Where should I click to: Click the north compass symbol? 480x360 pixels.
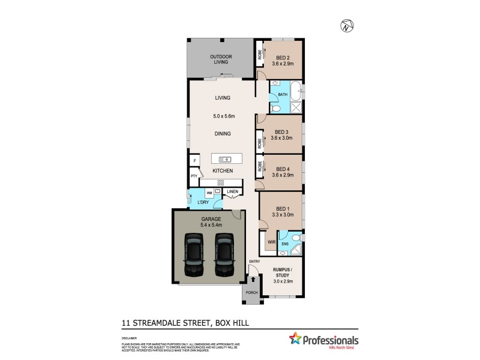[x=346, y=26]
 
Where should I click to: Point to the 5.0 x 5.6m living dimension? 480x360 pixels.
[x=223, y=116]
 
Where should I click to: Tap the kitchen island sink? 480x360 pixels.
[x=225, y=159]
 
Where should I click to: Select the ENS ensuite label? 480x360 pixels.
[x=286, y=244]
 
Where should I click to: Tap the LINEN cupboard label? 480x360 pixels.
[x=232, y=192]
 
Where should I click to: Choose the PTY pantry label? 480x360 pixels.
[x=194, y=176]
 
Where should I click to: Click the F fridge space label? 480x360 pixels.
[x=194, y=161]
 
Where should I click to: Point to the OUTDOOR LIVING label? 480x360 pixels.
[x=220, y=59]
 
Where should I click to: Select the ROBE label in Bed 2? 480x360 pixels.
[x=260, y=55]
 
